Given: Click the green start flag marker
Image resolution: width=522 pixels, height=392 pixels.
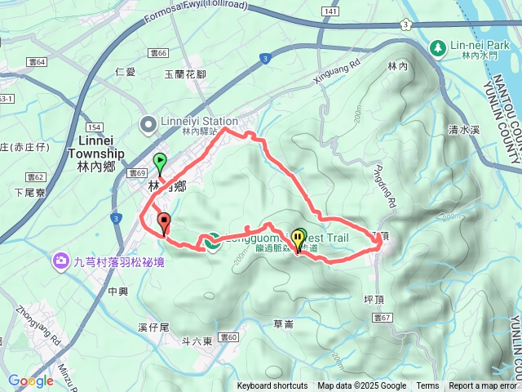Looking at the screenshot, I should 160,162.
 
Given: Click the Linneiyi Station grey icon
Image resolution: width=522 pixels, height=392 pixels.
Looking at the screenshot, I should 148,125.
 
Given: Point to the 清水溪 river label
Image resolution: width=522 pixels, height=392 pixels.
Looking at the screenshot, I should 466,129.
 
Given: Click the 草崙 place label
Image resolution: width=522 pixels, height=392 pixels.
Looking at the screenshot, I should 283,324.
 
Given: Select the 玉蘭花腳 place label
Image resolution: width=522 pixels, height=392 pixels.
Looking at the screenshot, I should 184,73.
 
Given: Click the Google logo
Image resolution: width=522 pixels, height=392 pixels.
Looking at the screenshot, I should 31,381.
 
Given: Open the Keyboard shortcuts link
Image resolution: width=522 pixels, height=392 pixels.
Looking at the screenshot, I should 272,386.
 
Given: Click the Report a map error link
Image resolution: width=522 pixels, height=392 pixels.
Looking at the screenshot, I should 484,386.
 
